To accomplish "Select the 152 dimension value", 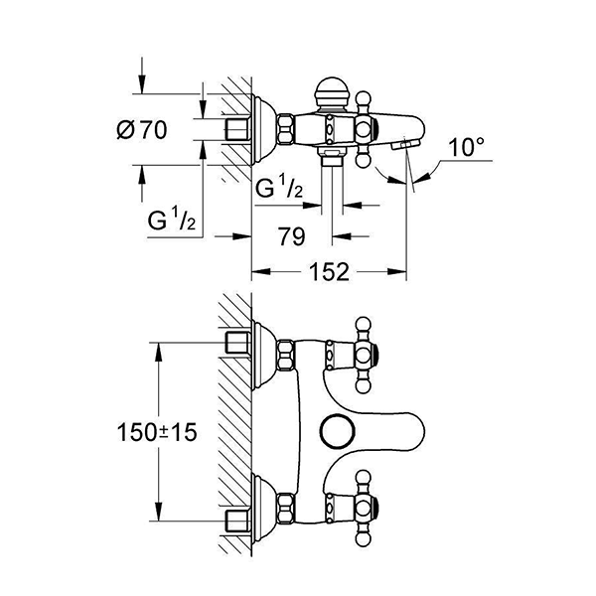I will pos(329,271).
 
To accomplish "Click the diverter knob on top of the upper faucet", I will pos(331,94).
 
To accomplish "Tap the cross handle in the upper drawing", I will pos(365,128).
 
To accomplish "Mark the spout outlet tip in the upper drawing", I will pos(404,145).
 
